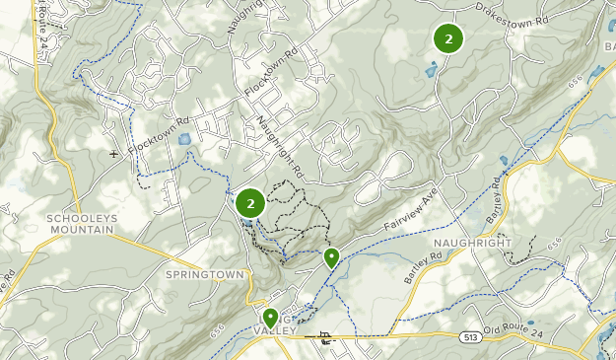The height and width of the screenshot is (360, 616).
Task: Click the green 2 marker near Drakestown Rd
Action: (x=448, y=38)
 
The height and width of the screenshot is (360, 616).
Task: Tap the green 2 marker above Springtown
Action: (x=250, y=203)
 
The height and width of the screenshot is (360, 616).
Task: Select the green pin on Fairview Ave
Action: (x=332, y=257)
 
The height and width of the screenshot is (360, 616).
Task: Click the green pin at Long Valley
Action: (x=270, y=317)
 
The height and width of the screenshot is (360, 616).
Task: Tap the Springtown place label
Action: (x=204, y=272)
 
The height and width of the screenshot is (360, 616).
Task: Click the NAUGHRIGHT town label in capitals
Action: (x=472, y=243)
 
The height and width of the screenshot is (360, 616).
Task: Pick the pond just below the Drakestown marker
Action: (x=430, y=69)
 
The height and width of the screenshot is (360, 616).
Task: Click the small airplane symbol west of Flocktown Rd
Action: (x=113, y=154)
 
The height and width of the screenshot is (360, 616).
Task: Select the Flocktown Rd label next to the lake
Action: (x=158, y=136)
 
